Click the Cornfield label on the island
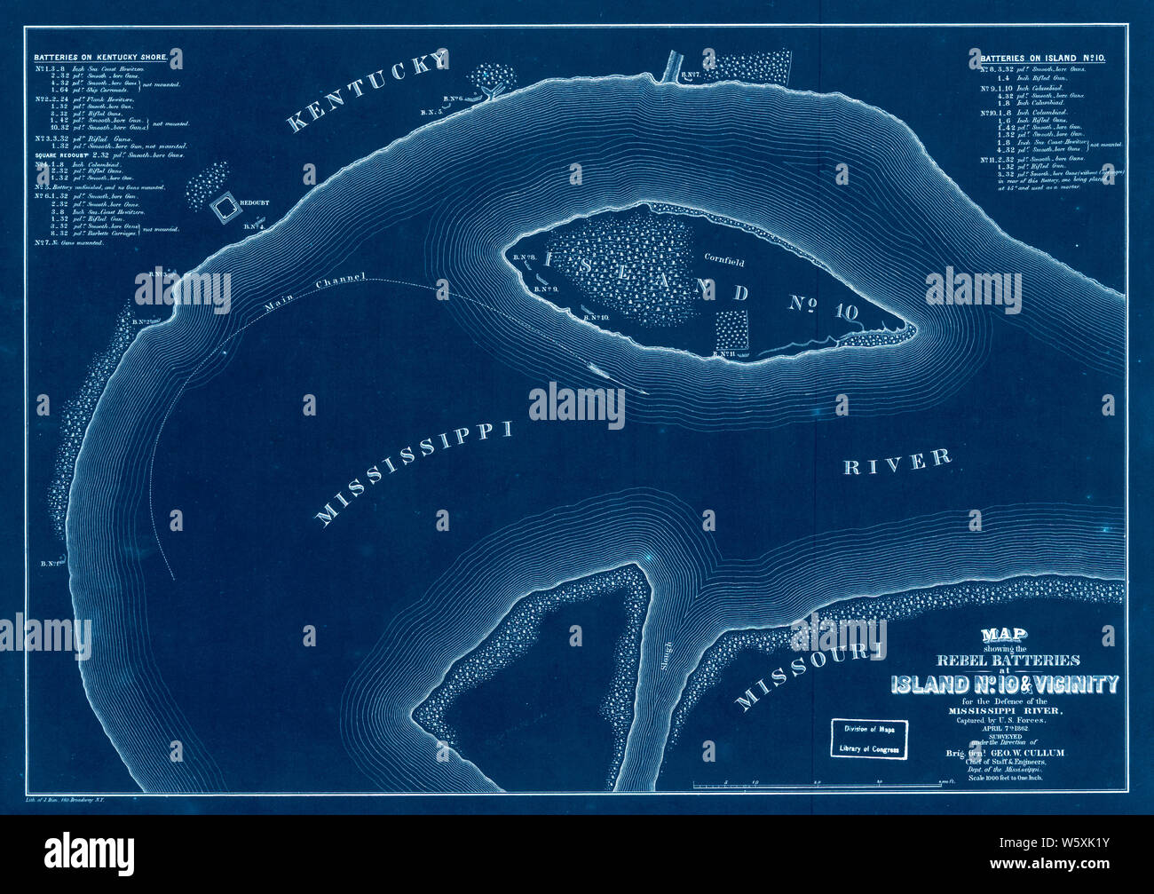(724, 263)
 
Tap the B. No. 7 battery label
(692, 78)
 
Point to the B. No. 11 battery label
(721, 354)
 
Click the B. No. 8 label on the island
(523, 257)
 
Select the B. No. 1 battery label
(49, 563)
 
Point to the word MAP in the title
(1004, 636)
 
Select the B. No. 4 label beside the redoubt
(255, 226)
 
